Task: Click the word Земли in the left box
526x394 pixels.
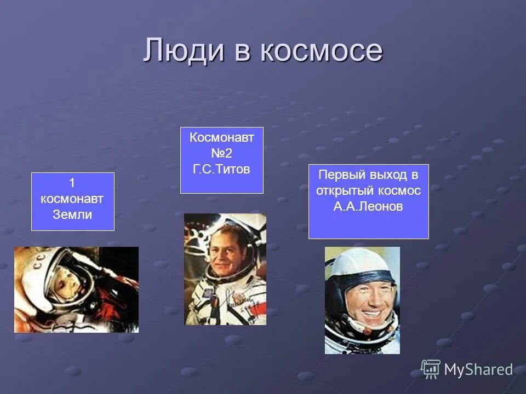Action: (x=72, y=215)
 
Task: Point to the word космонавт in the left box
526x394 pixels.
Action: (x=72, y=199)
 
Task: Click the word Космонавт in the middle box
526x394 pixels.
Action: (x=221, y=138)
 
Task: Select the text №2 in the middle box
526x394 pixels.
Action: (x=221, y=154)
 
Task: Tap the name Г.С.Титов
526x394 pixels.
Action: (x=221, y=169)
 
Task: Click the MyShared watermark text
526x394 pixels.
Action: (x=478, y=370)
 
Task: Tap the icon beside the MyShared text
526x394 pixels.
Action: (x=431, y=369)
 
